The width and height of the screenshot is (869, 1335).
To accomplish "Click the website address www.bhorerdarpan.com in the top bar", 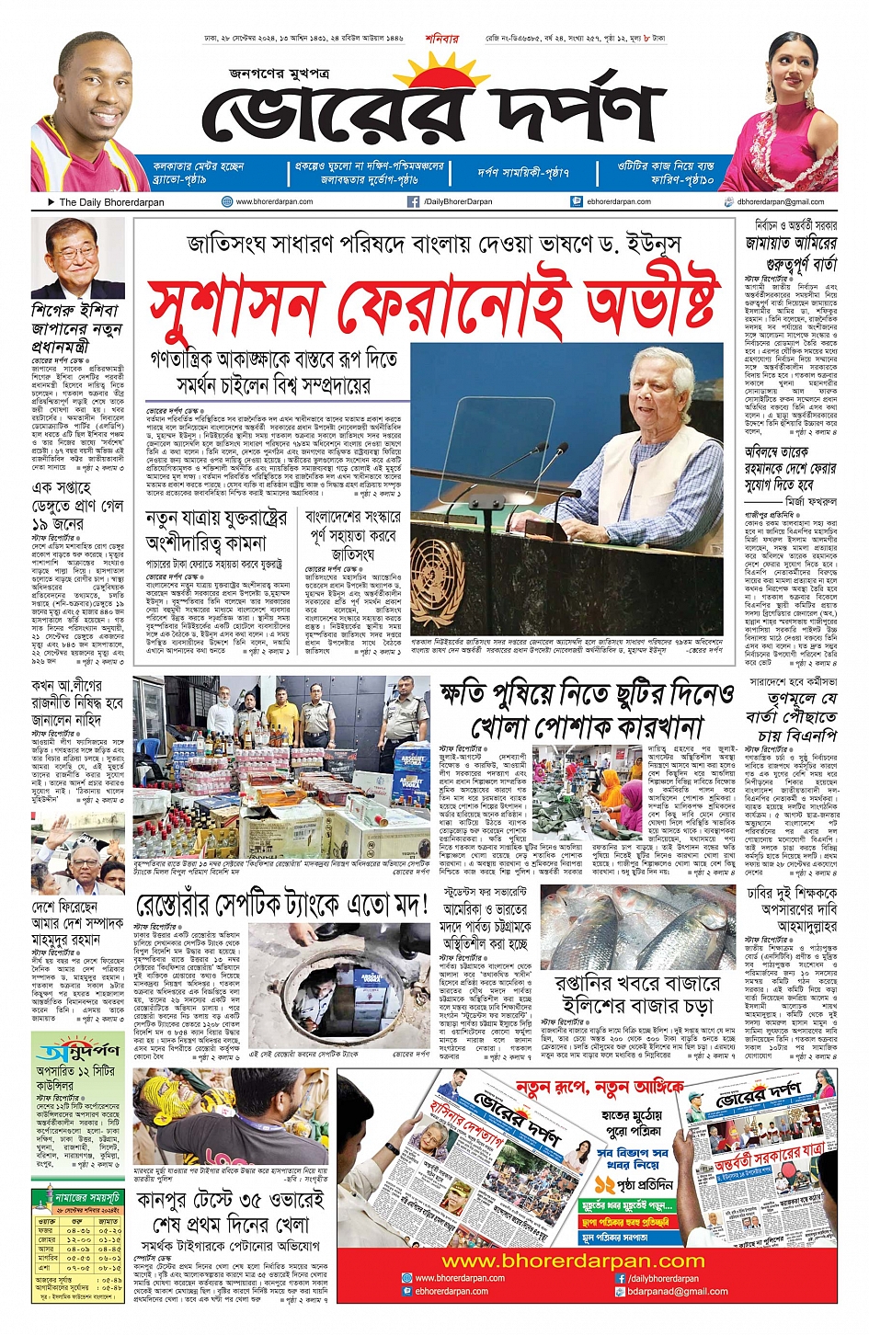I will point(274,201).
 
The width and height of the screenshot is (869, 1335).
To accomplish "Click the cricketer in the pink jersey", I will point(92,110).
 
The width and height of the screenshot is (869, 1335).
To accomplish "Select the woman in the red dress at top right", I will point(786,106).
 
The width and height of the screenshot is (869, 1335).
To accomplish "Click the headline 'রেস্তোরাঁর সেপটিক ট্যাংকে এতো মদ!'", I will point(282,907).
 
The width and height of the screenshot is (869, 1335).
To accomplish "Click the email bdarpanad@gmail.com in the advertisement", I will point(677,1291).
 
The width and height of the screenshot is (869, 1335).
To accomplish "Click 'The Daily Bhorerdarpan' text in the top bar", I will point(111,202).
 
